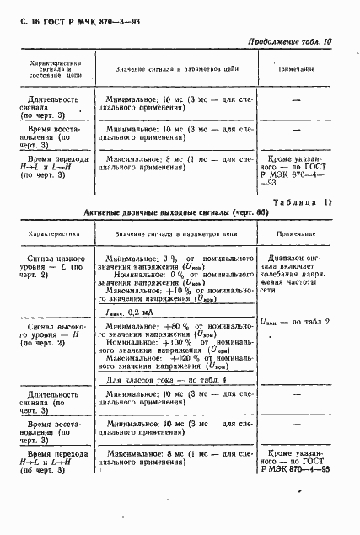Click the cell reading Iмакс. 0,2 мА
pyautogui.click(x=136, y=311)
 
